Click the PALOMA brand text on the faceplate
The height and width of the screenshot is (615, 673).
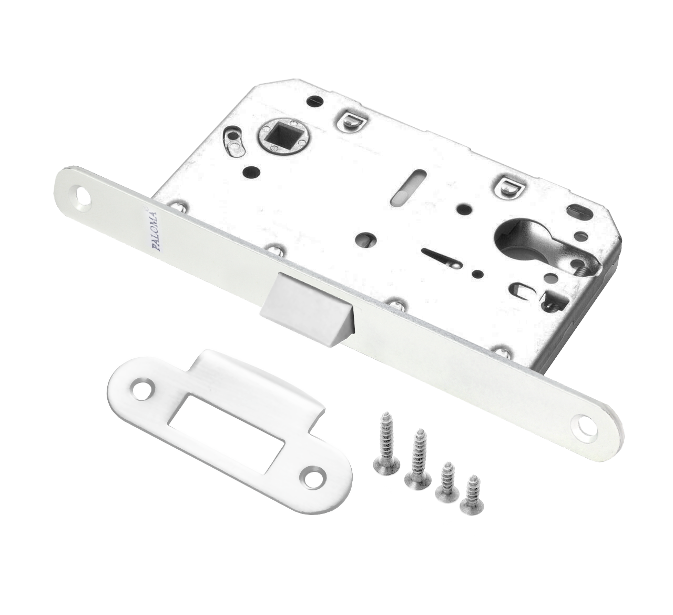(155, 231)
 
